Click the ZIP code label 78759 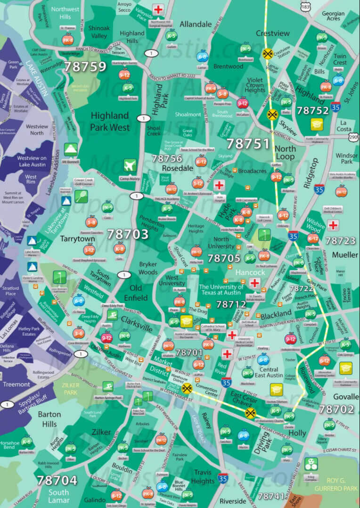click(x=85, y=66)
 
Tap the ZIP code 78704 click(x=57, y=480)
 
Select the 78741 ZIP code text click(x=271, y=496)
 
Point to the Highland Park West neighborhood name click(x=110, y=121)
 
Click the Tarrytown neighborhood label click(x=78, y=239)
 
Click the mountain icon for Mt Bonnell click(x=71, y=149)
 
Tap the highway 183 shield click(x=306, y=8)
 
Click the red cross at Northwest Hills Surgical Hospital click(x=158, y=9)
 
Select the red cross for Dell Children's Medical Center click(x=333, y=225)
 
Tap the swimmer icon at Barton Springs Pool click(x=108, y=386)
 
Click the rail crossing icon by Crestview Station click(x=268, y=53)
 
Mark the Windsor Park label click(x=347, y=158)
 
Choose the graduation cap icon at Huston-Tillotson click(x=275, y=389)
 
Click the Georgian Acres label click(x=333, y=16)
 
